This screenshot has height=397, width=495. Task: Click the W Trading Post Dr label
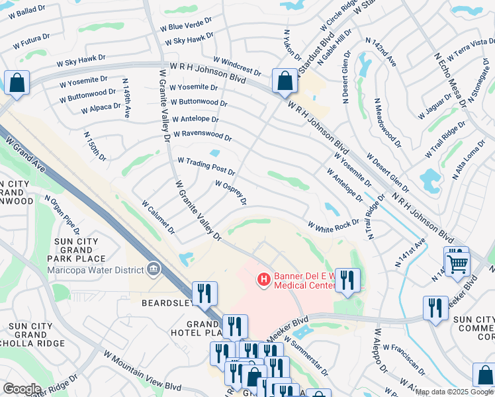206,165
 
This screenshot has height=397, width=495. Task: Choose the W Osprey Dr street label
230,192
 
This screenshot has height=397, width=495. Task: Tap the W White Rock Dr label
333,225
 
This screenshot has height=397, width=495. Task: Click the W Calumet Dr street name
158,218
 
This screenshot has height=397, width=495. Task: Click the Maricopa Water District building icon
154,269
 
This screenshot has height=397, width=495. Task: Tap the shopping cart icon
457,264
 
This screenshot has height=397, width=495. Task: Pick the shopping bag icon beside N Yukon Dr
285,82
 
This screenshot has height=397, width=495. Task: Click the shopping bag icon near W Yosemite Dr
17,84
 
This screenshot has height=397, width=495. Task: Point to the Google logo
22,389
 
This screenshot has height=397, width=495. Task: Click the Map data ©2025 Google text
454,392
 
